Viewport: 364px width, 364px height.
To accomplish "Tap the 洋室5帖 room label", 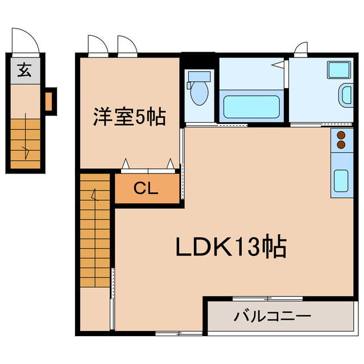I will [129, 118].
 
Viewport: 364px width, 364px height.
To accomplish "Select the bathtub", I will [251, 106].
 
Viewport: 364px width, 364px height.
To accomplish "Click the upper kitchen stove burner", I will [341, 135].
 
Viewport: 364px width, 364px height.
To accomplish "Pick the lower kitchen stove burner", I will [341, 145].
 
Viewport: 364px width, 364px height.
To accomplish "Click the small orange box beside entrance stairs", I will [48, 101].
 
